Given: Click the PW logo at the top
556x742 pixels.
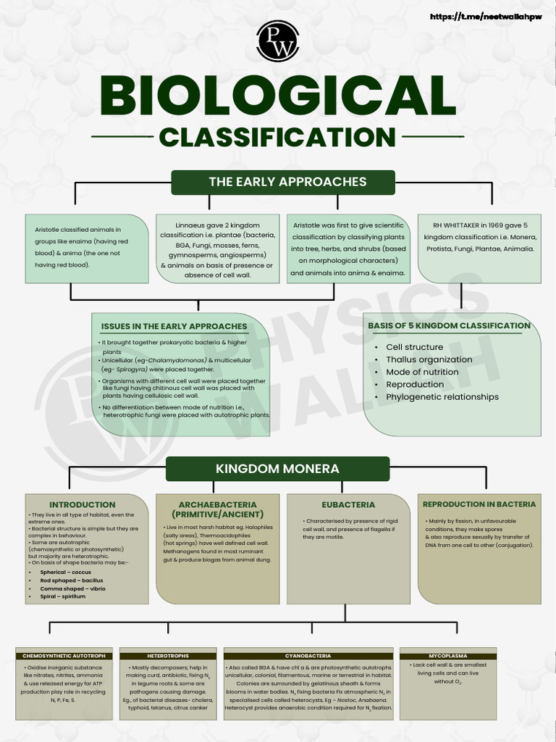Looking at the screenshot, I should tap(277, 41).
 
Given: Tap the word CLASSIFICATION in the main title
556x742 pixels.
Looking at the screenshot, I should tap(277, 137).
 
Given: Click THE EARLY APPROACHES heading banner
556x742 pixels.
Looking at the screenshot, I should tap(283, 182).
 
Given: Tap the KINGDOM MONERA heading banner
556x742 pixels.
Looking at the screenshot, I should tap(277, 469).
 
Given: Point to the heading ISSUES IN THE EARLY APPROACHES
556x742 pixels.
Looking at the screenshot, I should tap(174, 327).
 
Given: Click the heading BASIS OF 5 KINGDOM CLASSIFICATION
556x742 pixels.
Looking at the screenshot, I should tap(449, 326).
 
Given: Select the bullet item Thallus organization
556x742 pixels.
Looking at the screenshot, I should tap(429, 359).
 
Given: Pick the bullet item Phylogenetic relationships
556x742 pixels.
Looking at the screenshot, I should tap(442, 397).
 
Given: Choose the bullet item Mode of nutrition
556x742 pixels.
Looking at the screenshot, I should tap(422, 372).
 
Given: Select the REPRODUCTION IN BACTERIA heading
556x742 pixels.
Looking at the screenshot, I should tap(479, 504).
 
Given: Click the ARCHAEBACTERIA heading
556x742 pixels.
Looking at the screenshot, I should tap(217, 509).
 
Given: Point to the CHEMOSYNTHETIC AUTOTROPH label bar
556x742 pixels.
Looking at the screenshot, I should tap(64, 656).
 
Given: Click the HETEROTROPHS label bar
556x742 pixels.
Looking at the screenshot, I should tap(168, 656).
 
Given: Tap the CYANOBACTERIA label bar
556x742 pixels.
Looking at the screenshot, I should tap(308, 656).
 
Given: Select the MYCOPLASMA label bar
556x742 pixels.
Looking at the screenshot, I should tap(447, 656).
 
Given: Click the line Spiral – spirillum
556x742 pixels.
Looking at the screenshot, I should tap(63, 596).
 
